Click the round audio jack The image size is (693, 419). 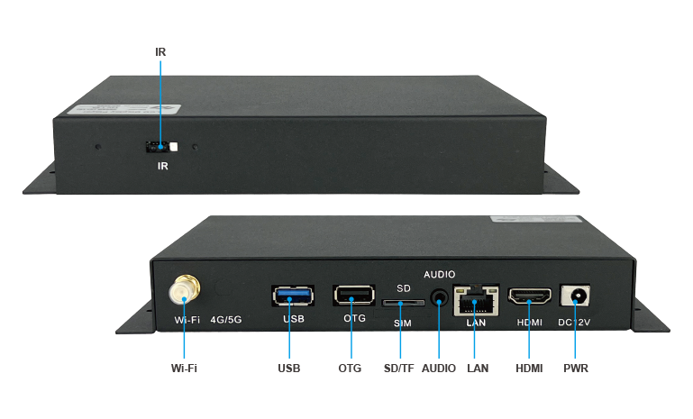[x=439, y=298]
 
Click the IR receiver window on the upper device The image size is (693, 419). [x=162, y=146]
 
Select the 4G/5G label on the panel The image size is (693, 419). [x=226, y=319]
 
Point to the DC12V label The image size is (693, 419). [x=575, y=322]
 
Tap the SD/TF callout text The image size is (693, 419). [x=399, y=369]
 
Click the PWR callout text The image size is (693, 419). [x=576, y=369]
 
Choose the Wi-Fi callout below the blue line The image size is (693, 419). [x=184, y=369]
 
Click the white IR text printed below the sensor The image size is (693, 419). [x=163, y=167]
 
